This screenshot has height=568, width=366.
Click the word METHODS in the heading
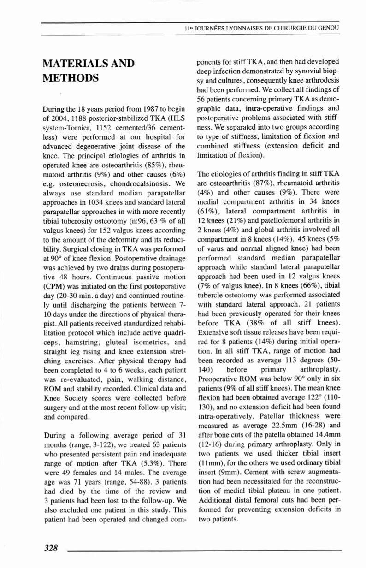pos(70,77)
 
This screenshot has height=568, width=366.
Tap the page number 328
pos(50,548)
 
